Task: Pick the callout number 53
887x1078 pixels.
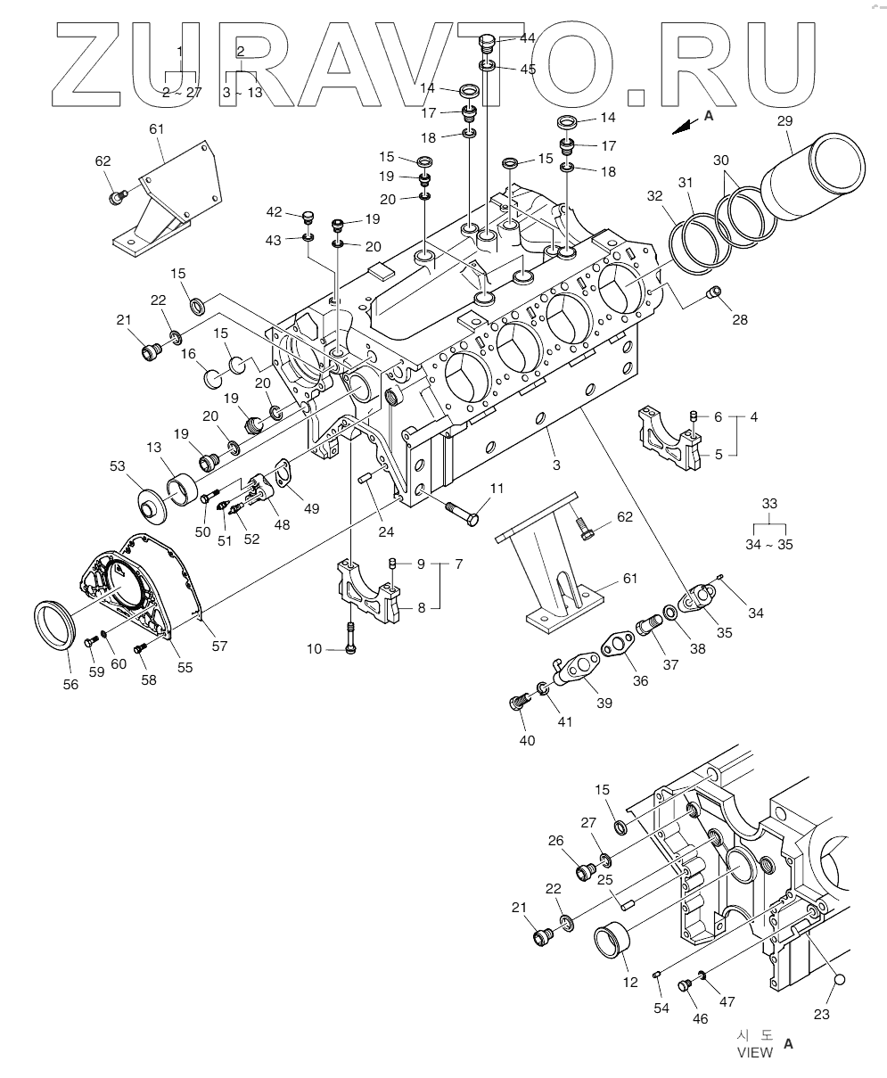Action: click(x=119, y=465)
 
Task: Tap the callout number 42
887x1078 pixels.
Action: click(x=274, y=212)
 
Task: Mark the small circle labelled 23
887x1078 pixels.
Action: click(x=837, y=982)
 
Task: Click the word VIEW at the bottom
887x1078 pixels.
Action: click(x=754, y=1053)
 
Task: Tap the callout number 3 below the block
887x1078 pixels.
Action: click(x=555, y=465)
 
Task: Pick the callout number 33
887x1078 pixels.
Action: click(x=768, y=503)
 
